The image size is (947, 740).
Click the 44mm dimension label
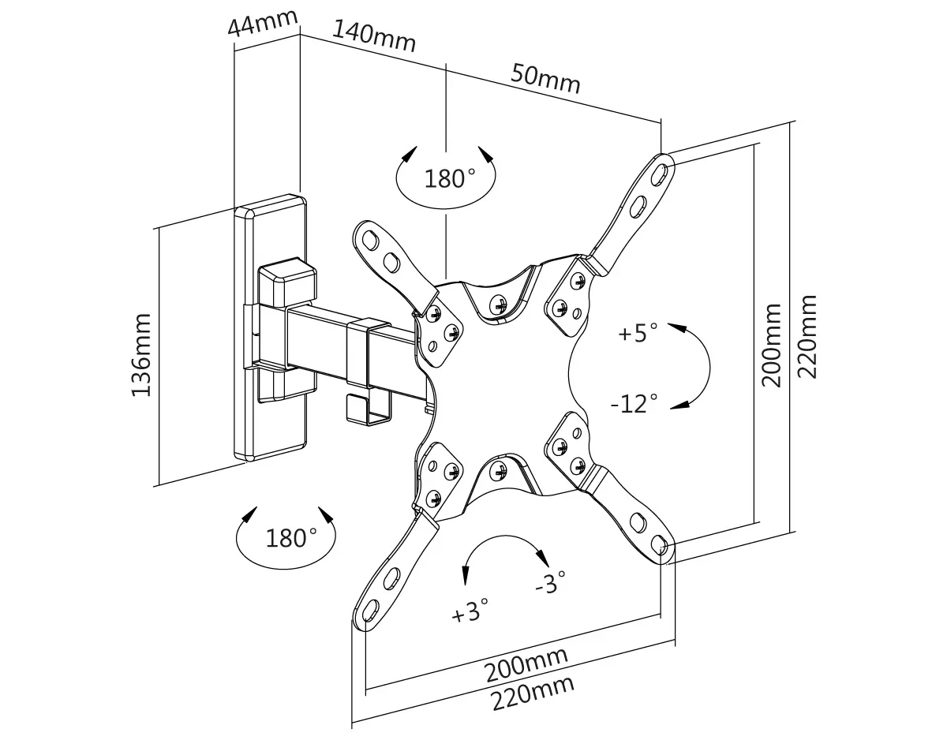(x=264, y=23)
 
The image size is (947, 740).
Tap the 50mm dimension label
(x=545, y=77)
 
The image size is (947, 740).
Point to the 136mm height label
(x=142, y=354)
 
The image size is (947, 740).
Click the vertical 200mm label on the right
(x=772, y=345)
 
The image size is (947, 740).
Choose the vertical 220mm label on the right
(x=808, y=336)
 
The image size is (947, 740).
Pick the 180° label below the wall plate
(x=290, y=539)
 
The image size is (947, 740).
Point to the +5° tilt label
(x=638, y=333)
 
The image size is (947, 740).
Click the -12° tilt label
(x=634, y=404)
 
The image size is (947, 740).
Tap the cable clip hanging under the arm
(x=369, y=408)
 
